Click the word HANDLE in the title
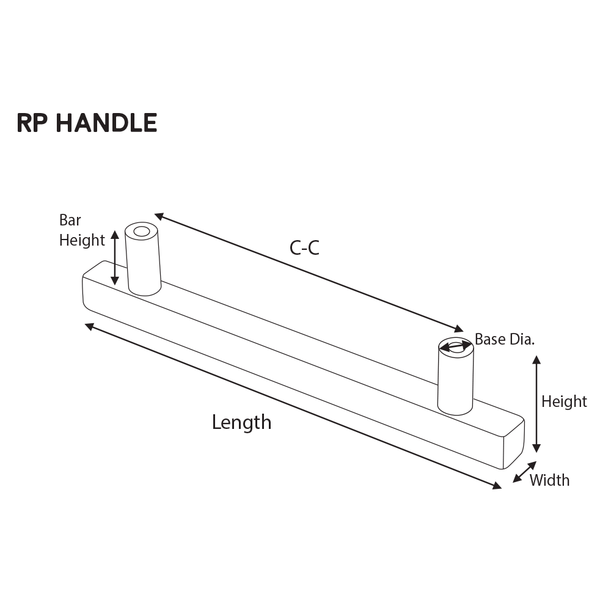(x=106, y=123)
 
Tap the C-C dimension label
(x=304, y=247)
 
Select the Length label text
(x=241, y=422)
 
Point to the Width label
(x=549, y=480)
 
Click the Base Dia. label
(x=505, y=340)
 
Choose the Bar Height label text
(x=81, y=230)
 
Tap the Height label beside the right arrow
(x=564, y=401)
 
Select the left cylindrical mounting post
(x=144, y=263)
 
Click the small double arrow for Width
(x=524, y=472)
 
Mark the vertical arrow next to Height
(x=536, y=403)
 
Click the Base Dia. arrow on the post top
(x=456, y=347)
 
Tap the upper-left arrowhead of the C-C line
(x=159, y=216)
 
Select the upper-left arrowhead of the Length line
(x=89, y=326)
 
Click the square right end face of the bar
(x=514, y=445)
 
